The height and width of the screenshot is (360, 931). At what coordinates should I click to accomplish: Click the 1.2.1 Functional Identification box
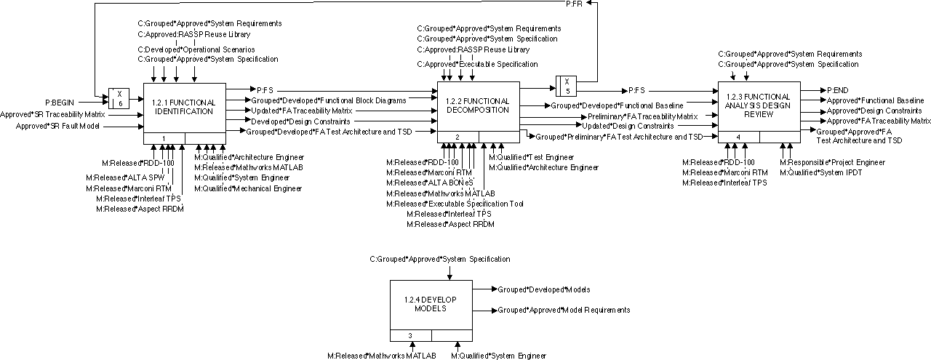[185, 108]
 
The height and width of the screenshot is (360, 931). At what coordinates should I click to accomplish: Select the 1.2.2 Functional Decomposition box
[477, 105]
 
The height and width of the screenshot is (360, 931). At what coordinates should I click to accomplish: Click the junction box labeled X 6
[119, 98]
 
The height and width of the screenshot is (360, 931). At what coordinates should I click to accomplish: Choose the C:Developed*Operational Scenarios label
[196, 49]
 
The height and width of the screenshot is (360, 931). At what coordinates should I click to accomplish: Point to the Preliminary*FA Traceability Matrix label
[642, 116]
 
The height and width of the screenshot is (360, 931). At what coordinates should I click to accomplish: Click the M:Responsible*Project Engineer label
[832, 162]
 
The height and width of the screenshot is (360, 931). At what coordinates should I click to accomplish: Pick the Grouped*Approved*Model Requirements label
[564, 311]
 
